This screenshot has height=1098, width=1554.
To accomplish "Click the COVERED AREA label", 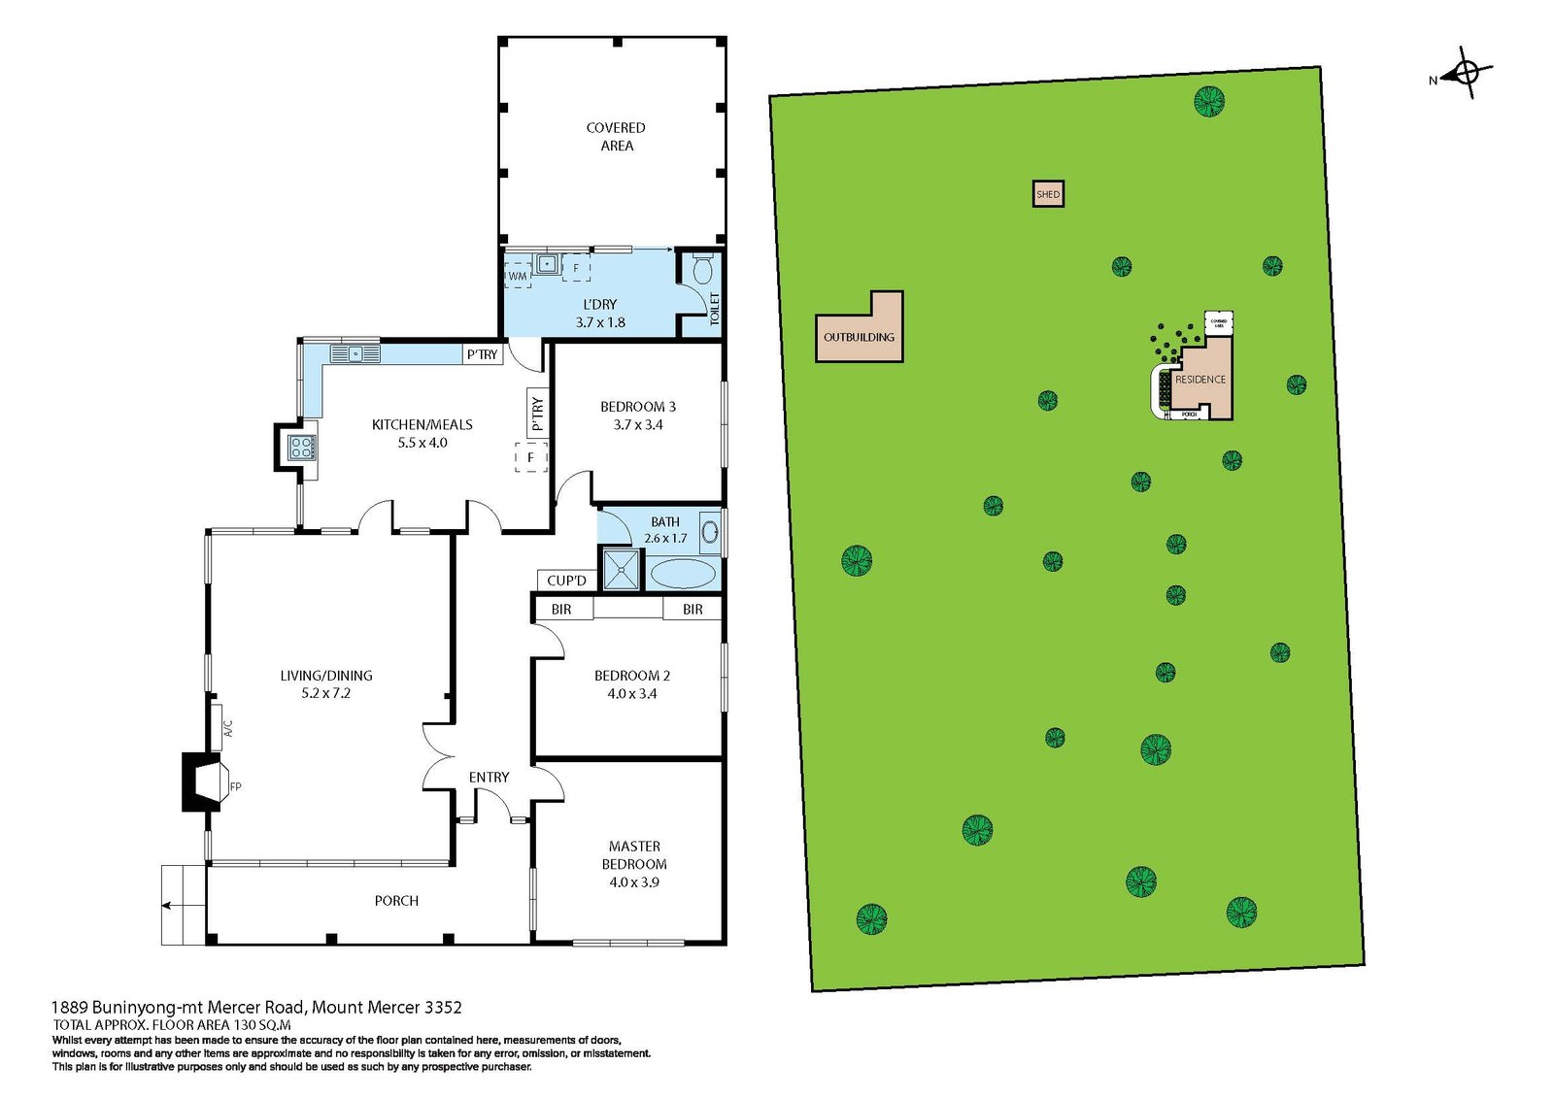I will point(616,137).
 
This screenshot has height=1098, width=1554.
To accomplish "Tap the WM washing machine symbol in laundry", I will point(518,276).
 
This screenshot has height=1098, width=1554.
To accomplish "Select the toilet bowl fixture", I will point(703,268).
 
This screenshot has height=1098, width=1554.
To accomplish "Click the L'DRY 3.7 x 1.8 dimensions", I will point(600,322).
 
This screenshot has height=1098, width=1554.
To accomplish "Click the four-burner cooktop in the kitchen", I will point(301,448).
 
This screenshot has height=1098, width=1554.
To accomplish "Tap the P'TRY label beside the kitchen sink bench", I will point(482,354).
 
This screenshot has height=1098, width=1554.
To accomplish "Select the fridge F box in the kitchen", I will point(530,457).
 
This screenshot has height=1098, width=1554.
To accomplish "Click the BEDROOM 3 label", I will point(638,407).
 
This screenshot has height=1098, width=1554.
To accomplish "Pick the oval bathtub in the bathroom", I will point(682,574).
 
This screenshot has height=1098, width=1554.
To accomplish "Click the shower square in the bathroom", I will point(622,570).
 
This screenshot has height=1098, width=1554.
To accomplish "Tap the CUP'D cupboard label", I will point(566,581).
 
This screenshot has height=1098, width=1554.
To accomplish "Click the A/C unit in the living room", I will point(218,727).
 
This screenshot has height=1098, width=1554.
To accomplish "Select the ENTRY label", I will point(489,778).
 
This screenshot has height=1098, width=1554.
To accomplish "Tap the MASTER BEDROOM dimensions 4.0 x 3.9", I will point(634,882).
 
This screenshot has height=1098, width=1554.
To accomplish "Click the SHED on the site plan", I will point(1048,194).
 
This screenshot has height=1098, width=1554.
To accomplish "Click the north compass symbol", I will point(1466,73).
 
